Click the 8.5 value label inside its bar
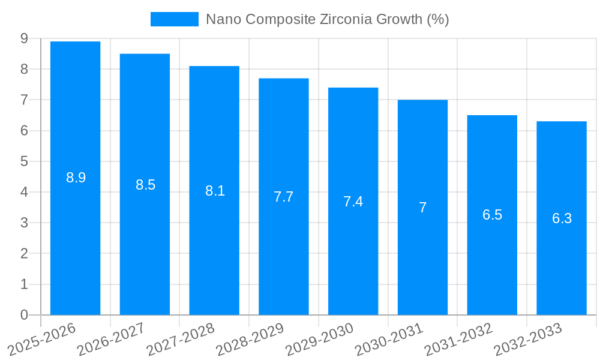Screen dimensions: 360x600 pos(145,185)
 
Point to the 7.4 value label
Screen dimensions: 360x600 pos(353,202)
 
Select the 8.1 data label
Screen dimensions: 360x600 pos(215,191)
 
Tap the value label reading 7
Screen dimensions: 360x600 pos(422,208)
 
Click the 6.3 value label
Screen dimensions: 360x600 pos(562,218)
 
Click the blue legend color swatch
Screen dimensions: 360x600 pos(174,19)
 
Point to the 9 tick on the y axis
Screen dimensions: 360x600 pos(24,38)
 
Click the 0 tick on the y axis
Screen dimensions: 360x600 pos(24,315)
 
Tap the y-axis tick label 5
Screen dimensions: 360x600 pos(24,161)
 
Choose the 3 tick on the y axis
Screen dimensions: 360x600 pos(24,223)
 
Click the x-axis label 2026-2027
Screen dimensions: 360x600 pos(111,339)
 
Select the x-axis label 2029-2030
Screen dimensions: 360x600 pos(319,339)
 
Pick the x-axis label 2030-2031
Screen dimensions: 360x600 pos(389,339)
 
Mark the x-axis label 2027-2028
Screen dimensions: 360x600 pos(181,339)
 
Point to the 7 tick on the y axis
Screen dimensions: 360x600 pos(24,100)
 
